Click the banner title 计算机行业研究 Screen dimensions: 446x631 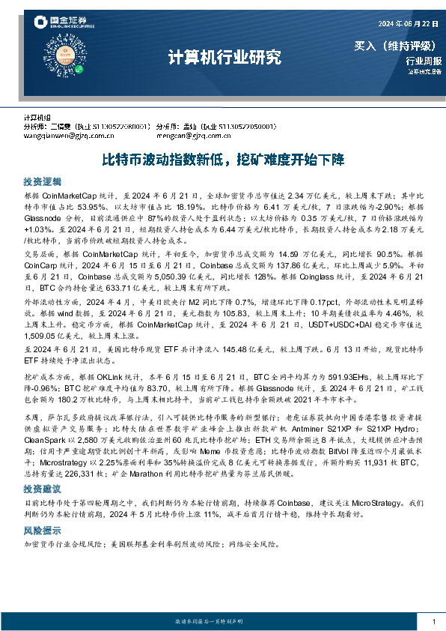pyautogui.click(x=222, y=57)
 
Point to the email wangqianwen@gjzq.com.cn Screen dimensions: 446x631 pyautogui.click(x=66, y=136)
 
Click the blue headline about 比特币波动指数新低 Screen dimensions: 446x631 pyautogui.click(x=222, y=160)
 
